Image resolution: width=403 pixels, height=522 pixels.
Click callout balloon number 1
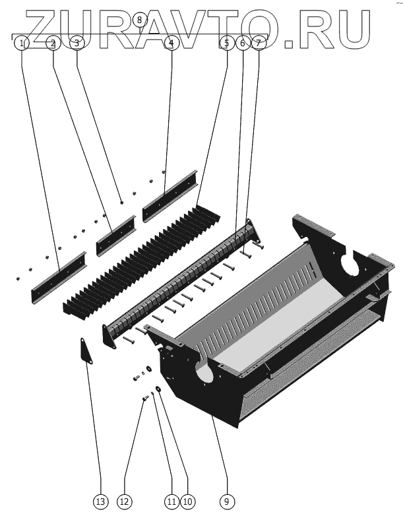coord(22,43)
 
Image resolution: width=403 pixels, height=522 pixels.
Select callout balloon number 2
coord(53,43)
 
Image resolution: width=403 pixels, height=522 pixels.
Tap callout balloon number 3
coord(77,43)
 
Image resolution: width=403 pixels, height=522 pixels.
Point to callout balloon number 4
coord(171,43)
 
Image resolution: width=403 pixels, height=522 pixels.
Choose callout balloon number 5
coord(227,43)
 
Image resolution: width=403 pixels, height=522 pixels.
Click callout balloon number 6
coord(243,43)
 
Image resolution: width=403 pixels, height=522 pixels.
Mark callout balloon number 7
coord(259,43)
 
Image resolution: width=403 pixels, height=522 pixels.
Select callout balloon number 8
coord(139,20)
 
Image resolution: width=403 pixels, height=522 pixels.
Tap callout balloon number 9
coord(227,502)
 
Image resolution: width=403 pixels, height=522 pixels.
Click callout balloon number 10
coord(188,502)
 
